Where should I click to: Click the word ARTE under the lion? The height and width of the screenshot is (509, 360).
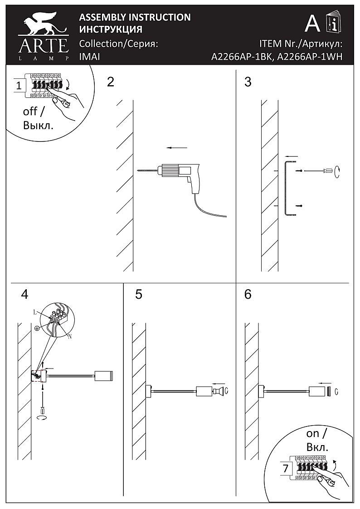point(43,46)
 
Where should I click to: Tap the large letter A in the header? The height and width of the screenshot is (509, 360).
point(312,23)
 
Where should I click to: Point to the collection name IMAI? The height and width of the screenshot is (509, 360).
point(89,57)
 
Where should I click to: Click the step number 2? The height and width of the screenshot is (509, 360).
point(111,82)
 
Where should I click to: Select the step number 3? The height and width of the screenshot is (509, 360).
point(248,82)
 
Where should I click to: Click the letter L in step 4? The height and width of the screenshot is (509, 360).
point(35,313)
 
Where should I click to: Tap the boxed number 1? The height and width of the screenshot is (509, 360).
point(19,85)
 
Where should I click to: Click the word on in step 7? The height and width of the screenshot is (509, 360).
point(313,434)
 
